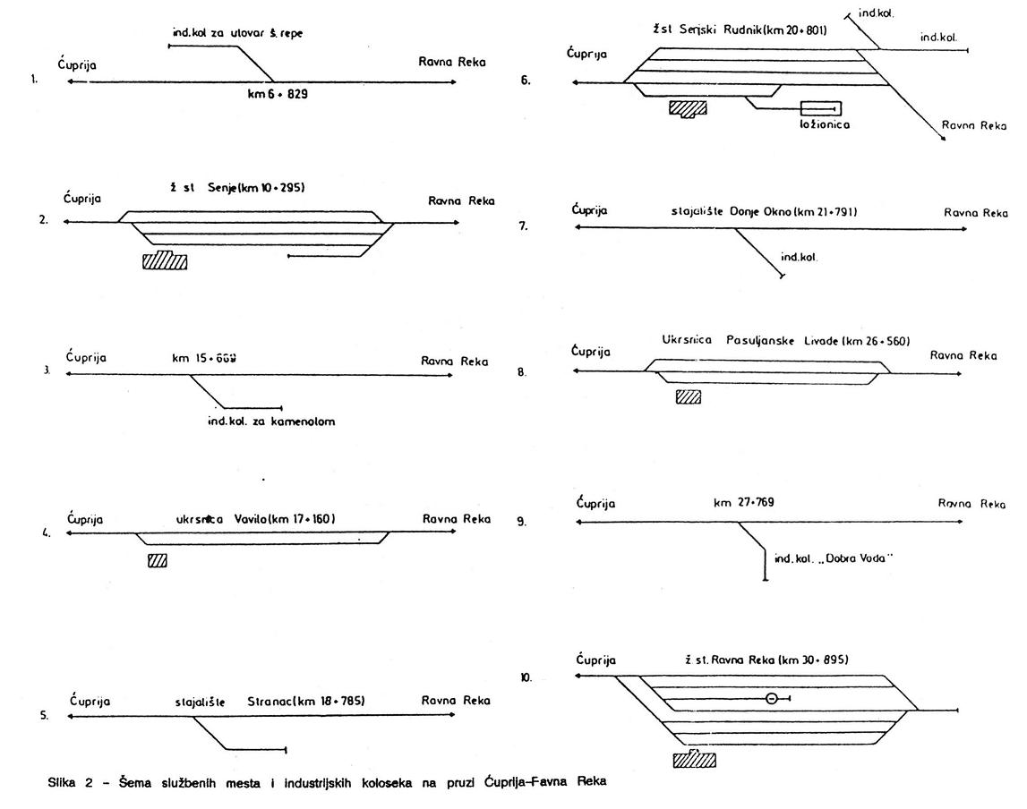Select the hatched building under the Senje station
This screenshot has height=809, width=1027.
click(x=165, y=260)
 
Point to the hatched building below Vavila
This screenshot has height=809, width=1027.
click(x=158, y=561)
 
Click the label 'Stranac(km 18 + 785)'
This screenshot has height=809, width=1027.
click(x=305, y=701)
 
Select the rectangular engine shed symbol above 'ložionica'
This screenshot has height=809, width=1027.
click(x=821, y=108)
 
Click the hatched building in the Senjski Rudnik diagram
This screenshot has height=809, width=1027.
click(x=688, y=108)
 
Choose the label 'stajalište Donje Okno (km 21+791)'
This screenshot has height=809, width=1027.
click(x=764, y=212)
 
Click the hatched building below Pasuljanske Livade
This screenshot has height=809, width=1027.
click(x=688, y=396)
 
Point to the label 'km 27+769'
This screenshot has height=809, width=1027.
click(x=743, y=502)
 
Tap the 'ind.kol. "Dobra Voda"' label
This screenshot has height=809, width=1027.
click(x=835, y=559)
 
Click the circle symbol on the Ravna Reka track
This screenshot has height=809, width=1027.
click(x=772, y=699)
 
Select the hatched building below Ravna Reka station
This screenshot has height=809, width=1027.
click(x=695, y=760)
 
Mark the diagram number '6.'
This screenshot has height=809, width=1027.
click(x=526, y=81)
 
